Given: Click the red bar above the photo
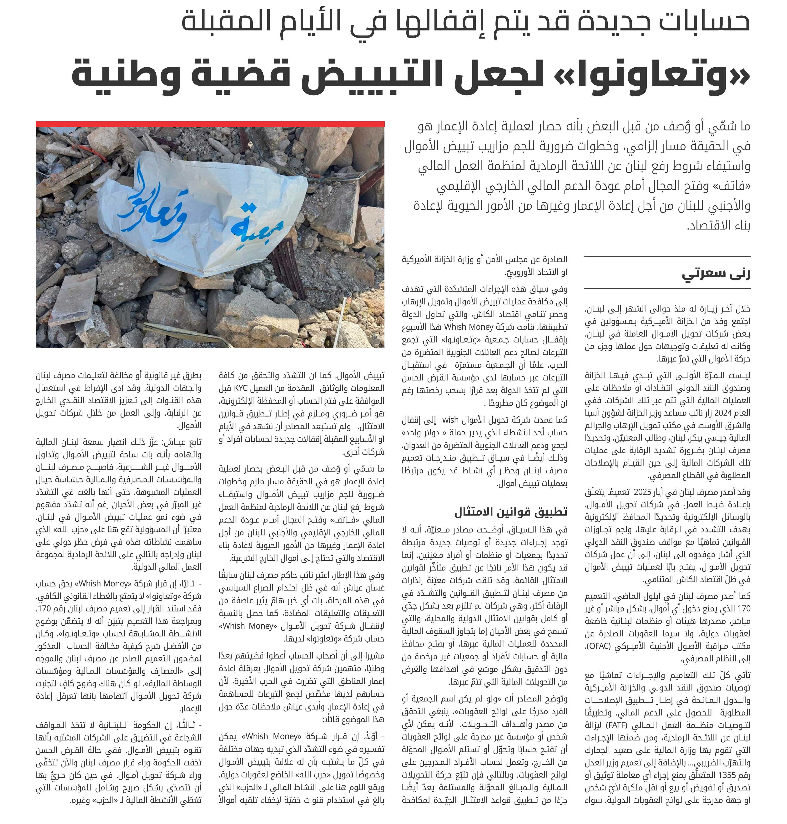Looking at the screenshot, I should click(x=210, y=124).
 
